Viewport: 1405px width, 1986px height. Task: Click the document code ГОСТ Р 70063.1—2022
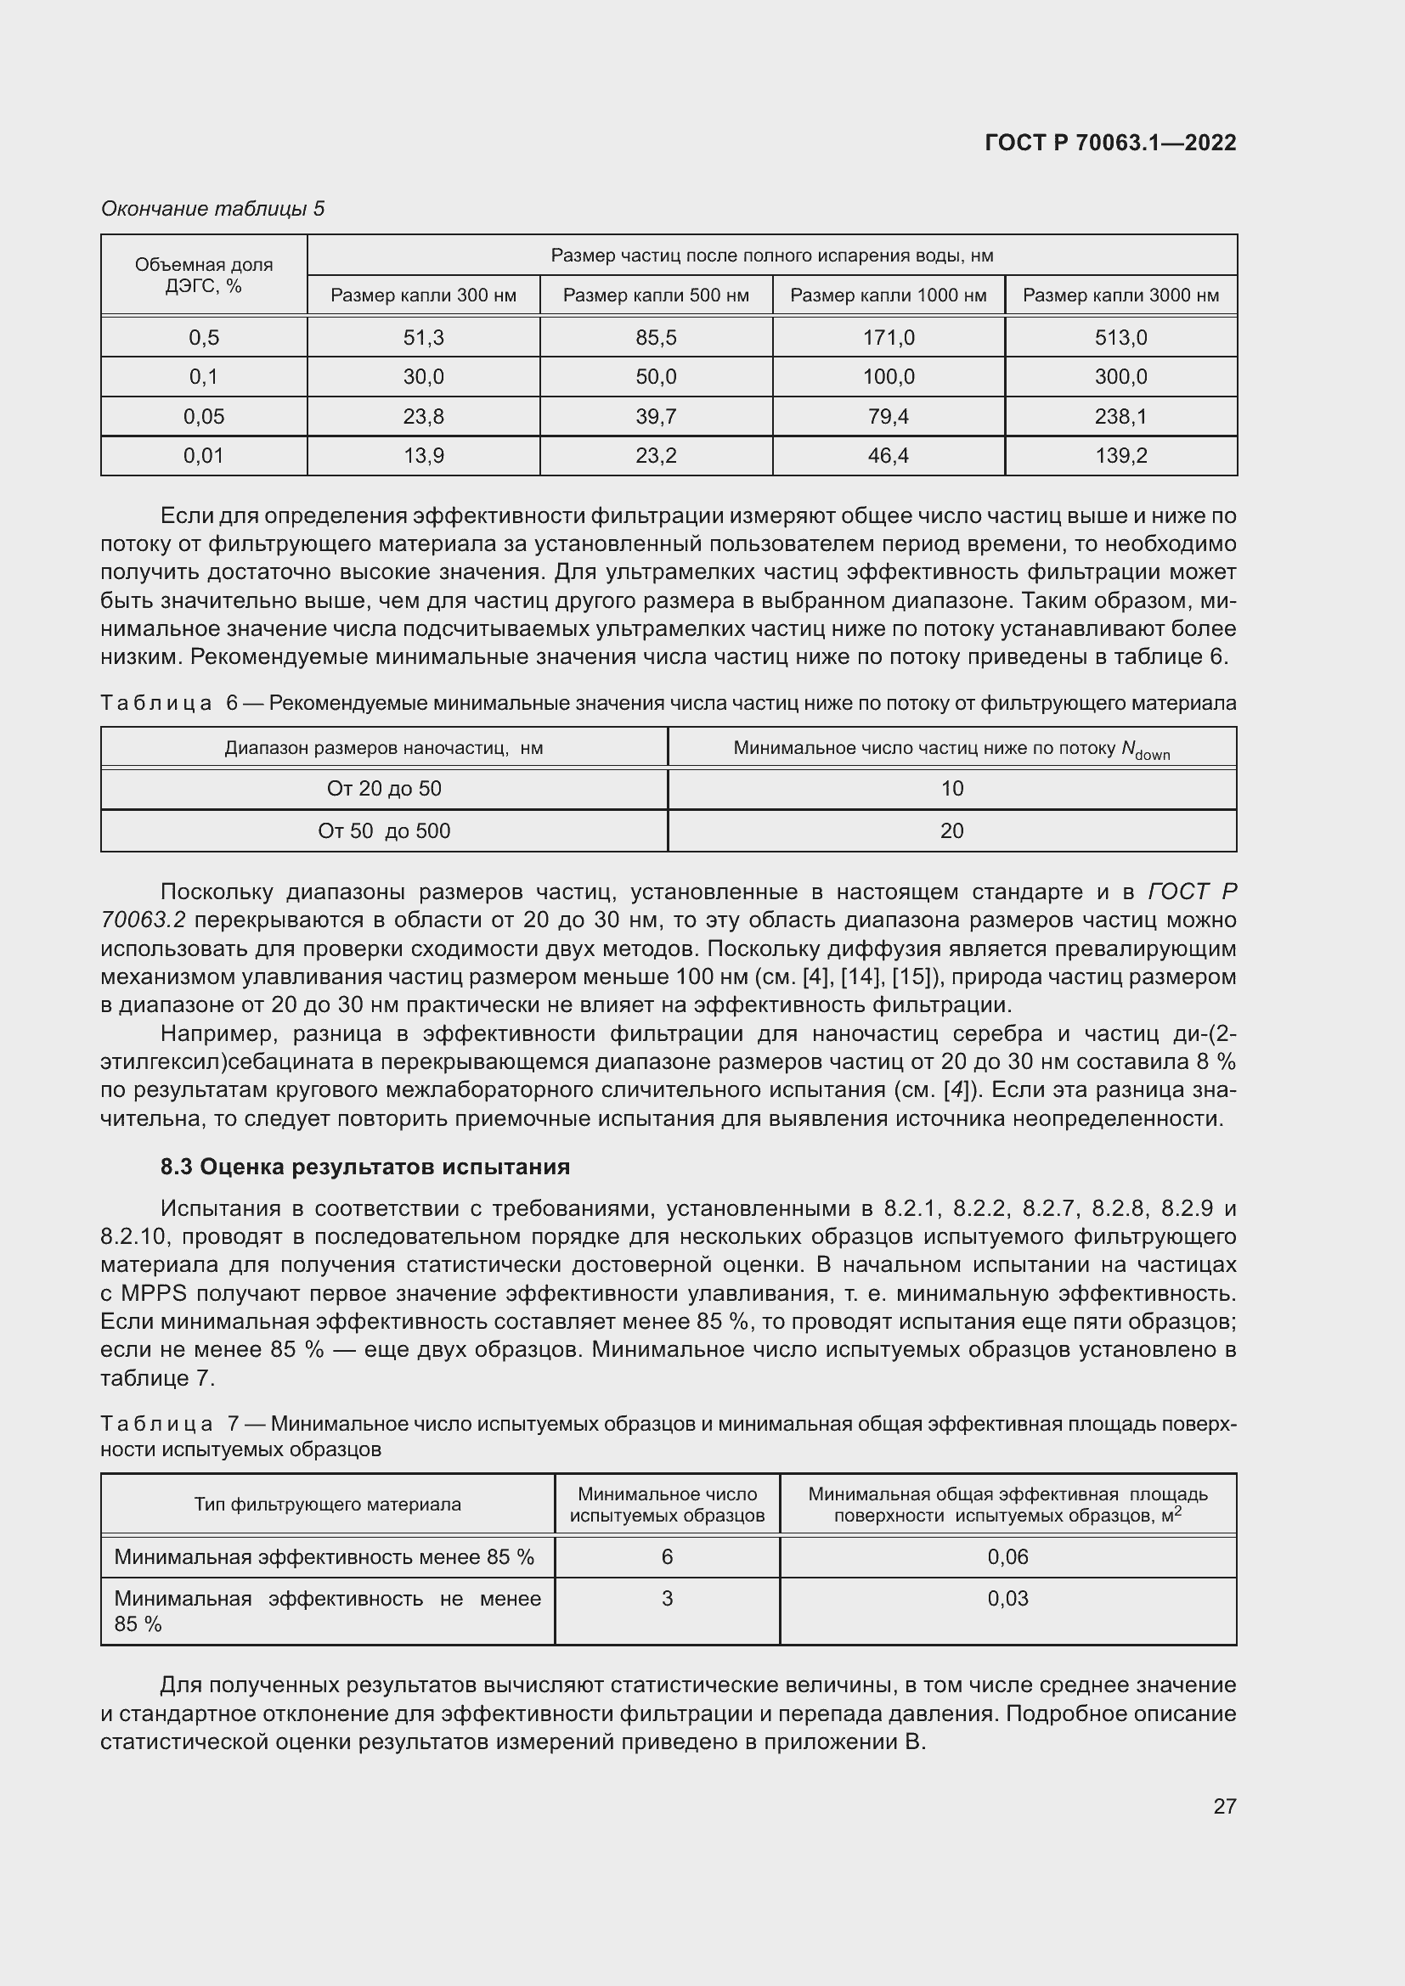tap(1110, 143)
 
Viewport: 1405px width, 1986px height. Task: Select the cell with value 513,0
tap(1120, 337)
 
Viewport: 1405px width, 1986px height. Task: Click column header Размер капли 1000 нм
tap(888, 295)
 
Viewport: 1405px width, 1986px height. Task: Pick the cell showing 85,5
tap(656, 337)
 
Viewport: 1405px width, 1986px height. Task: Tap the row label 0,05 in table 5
tap(203, 417)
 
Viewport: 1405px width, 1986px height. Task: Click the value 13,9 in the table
tap(423, 456)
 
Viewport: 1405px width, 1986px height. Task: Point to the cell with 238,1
tap(1120, 417)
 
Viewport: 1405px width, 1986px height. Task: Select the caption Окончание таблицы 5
tap(213, 209)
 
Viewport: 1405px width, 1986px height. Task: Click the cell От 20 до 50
tap(383, 789)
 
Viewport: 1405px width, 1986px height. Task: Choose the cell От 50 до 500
tap(383, 831)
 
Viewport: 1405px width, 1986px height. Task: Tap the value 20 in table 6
tap(951, 831)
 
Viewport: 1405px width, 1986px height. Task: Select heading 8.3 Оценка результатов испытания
tap(364, 1167)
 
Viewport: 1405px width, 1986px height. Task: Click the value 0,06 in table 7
tap(1008, 1557)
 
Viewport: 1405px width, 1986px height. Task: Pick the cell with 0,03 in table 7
tap(1008, 1599)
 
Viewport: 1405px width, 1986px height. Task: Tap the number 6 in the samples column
tap(667, 1557)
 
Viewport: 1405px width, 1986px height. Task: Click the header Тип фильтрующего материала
tap(327, 1505)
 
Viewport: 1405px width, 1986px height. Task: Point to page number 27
tap(1224, 1806)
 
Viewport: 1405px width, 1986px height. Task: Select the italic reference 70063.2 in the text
tap(143, 920)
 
